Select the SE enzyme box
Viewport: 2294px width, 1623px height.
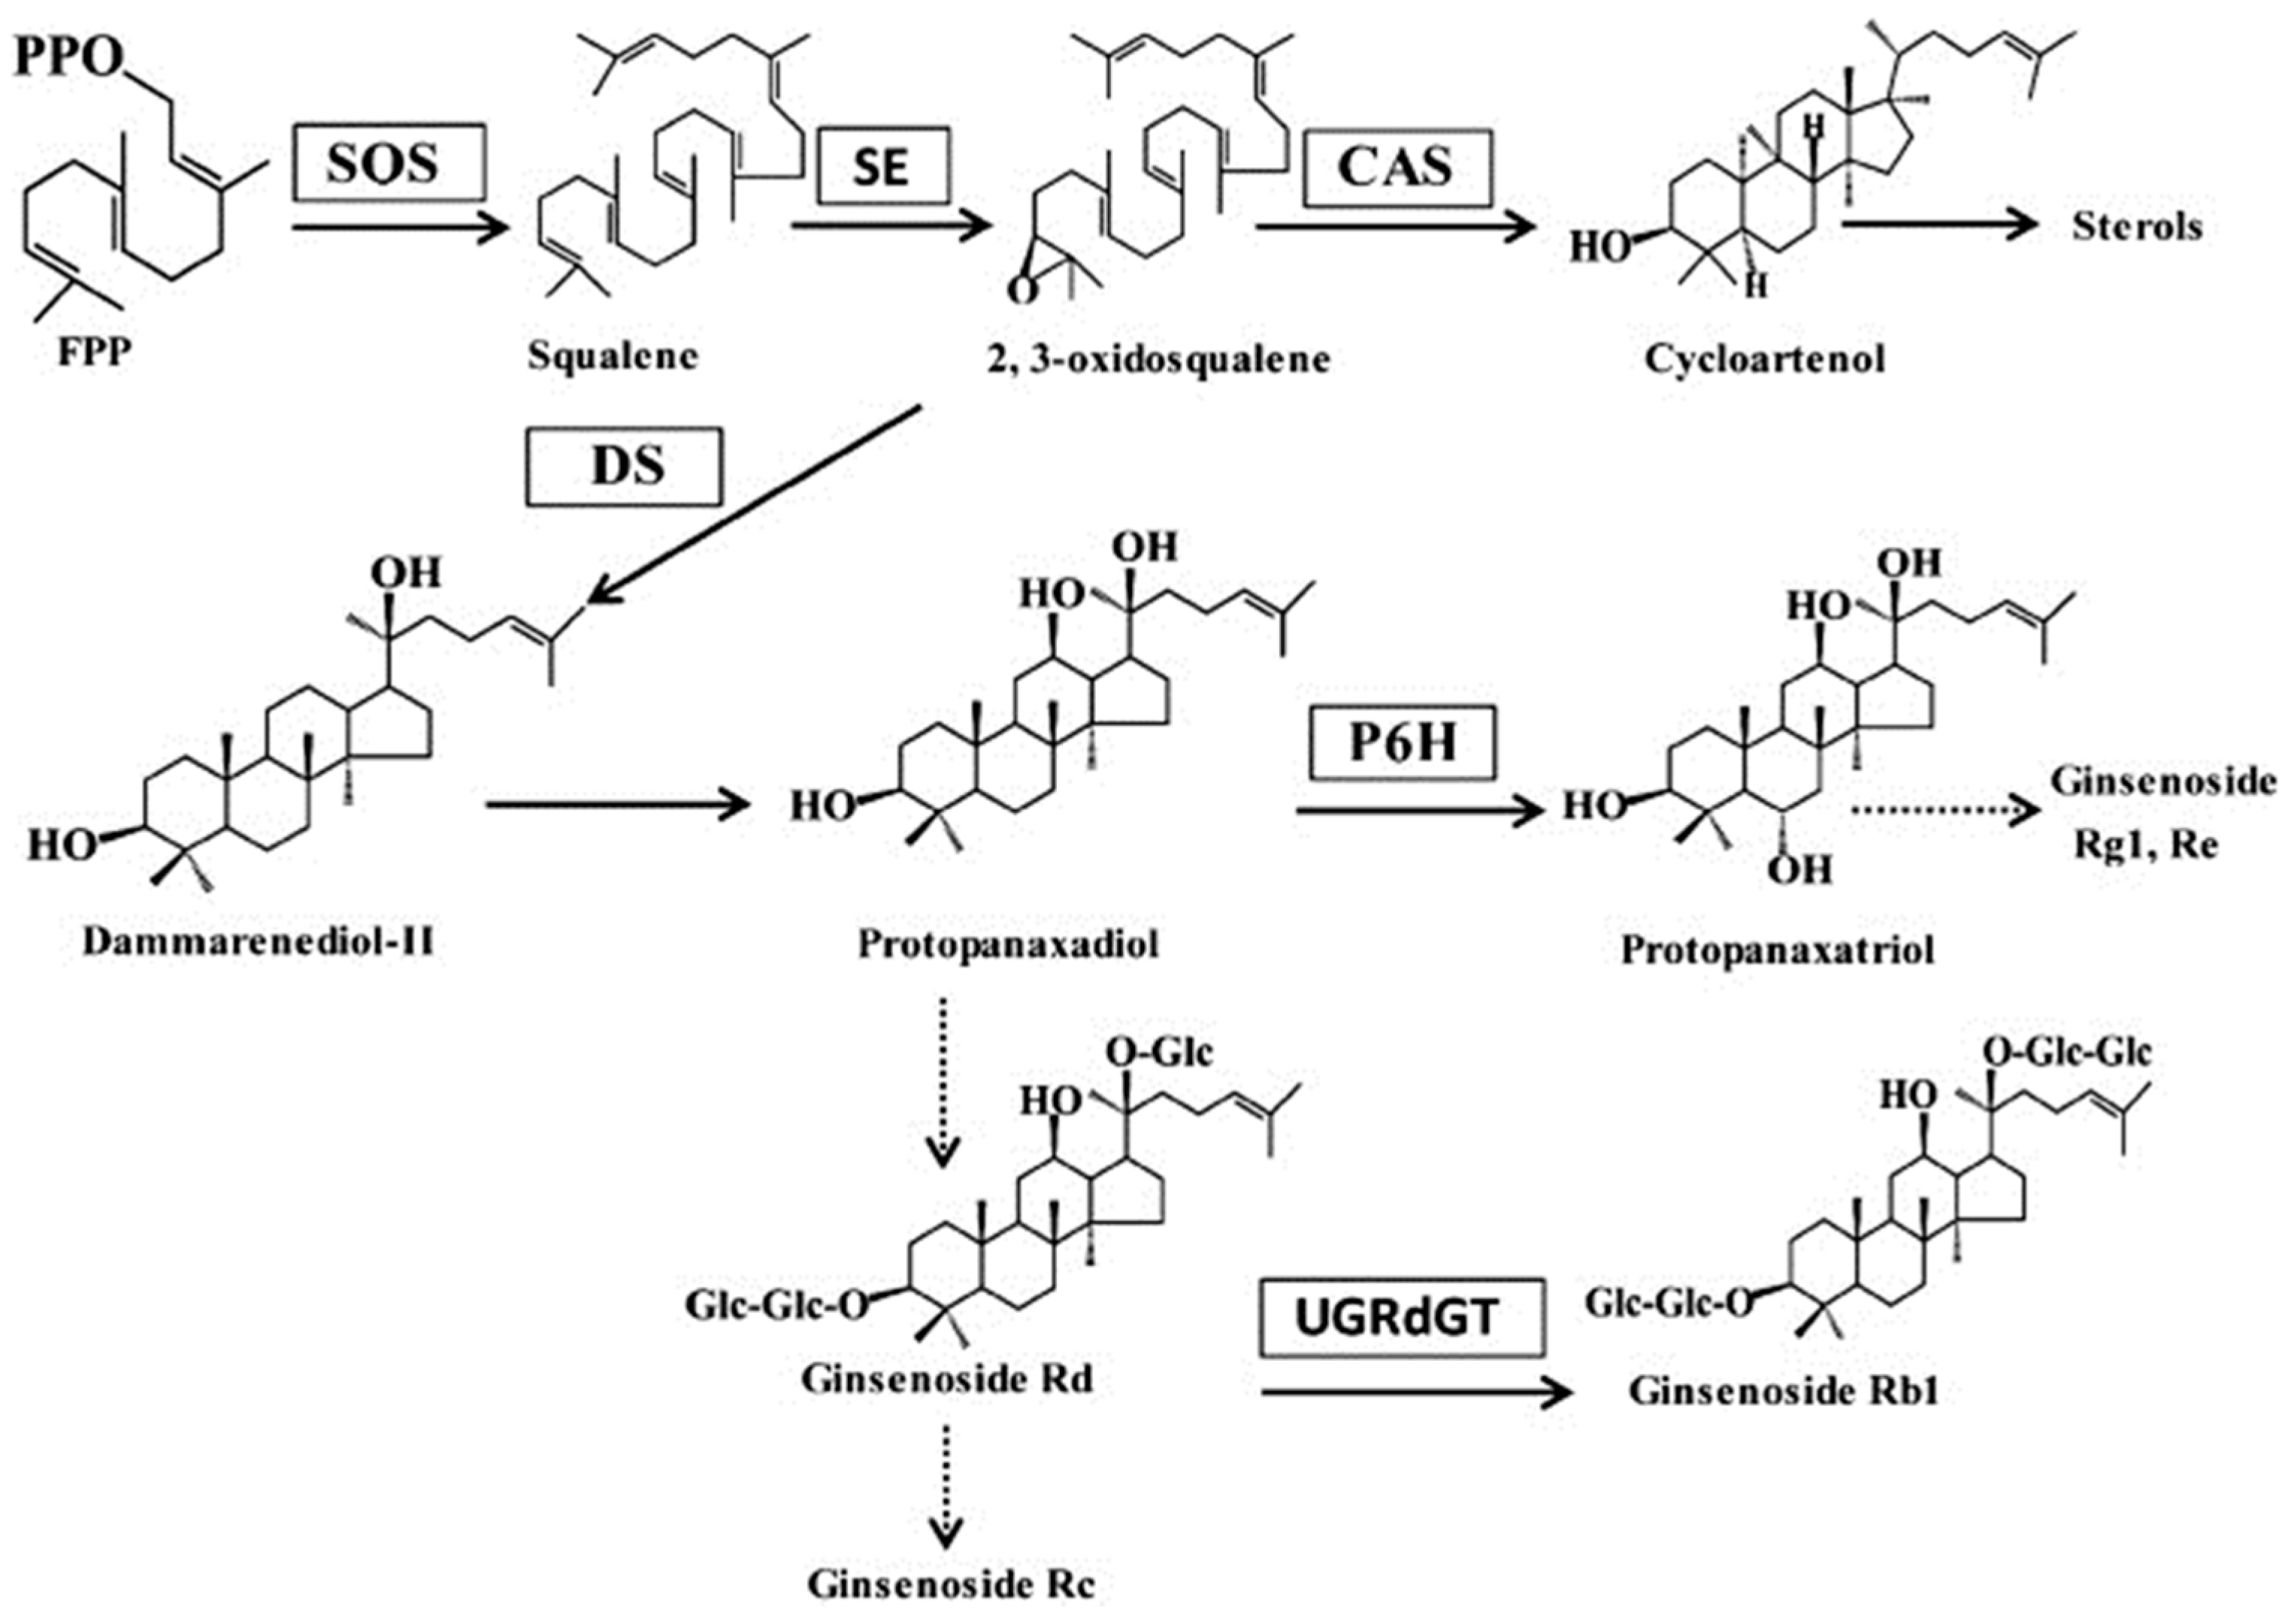click(882, 166)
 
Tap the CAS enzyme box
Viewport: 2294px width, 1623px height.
click(1397, 168)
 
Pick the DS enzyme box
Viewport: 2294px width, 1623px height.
click(624, 467)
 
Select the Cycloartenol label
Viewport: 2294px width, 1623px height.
click(1764, 358)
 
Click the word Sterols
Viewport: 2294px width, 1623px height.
click(2136, 227)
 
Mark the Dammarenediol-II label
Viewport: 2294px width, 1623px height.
click(258, 941)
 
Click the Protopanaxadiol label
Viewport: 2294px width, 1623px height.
click(1007, 944)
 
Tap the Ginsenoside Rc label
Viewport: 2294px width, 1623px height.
click(951, 1584)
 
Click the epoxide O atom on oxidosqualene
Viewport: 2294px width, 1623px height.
click(1021, 291)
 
